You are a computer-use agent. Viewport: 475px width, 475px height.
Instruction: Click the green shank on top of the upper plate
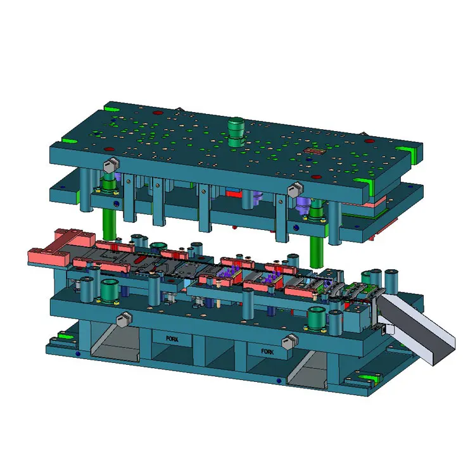click(x=236, y=130)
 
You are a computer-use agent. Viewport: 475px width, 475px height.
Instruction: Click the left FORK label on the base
click(x=172, y=339)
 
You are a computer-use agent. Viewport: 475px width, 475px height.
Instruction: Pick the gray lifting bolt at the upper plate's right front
click(x=293, y=188)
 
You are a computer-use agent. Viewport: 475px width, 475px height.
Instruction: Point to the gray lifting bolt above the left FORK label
click(x=123, y=319)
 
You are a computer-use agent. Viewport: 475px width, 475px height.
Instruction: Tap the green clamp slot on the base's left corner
click(x=61, y=335)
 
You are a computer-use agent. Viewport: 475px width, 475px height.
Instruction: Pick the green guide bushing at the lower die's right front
click(x=315, y=316)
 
